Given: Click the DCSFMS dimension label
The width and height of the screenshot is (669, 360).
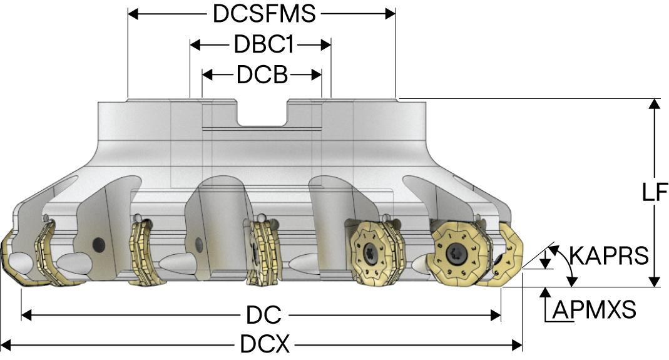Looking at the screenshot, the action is pos(264,14).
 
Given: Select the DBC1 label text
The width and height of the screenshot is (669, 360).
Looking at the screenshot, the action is pos(264,44).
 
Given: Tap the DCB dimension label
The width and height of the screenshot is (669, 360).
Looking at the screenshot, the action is pos(262,75).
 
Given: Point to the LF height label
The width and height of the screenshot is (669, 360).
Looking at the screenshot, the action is pos(655,192).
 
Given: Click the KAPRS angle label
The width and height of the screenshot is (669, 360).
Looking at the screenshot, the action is pos(609,256).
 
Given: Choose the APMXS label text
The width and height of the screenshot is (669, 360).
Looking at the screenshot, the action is pos(595,309).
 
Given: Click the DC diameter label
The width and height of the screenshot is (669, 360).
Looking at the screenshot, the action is pos(263,316).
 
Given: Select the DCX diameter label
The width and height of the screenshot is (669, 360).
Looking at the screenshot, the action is pos(265,344).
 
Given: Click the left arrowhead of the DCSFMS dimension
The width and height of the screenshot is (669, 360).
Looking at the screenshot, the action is pos(133,14).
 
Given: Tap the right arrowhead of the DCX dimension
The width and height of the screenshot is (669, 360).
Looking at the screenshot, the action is pos(517,344).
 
